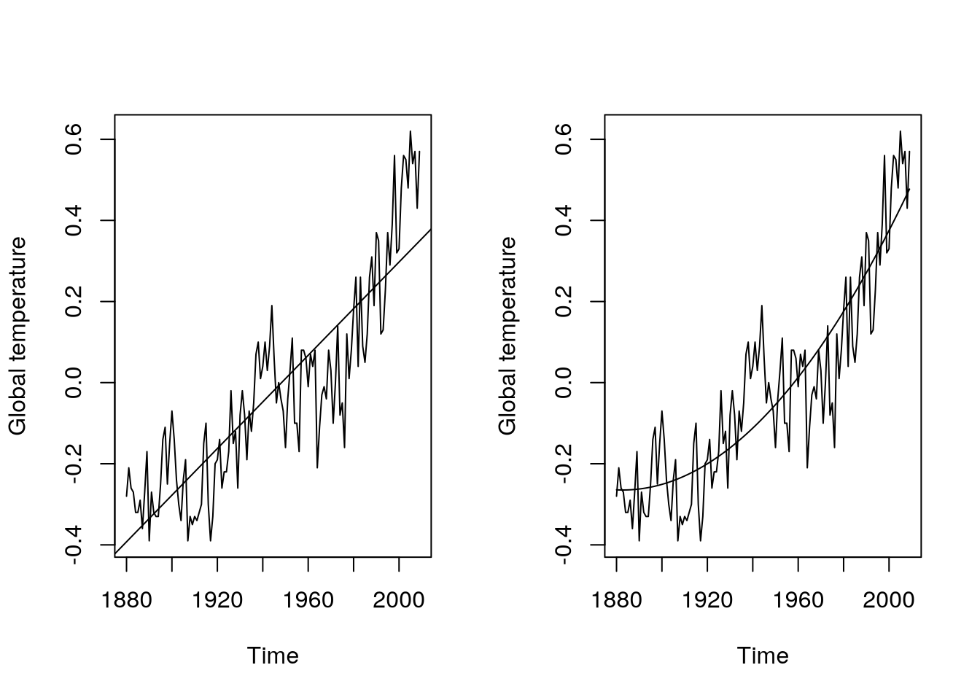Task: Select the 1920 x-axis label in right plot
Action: click(707, 600)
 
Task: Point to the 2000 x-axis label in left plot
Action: click(399, 600)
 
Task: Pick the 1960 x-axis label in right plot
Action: click(798, 600)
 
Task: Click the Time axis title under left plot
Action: click(273, 656)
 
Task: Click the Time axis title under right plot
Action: click(763, 656)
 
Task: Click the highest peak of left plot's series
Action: click(411, 132)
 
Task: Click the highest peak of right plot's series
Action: click(901, 132)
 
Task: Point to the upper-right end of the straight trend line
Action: click(430, 230)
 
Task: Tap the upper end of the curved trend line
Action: click(909, 190)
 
